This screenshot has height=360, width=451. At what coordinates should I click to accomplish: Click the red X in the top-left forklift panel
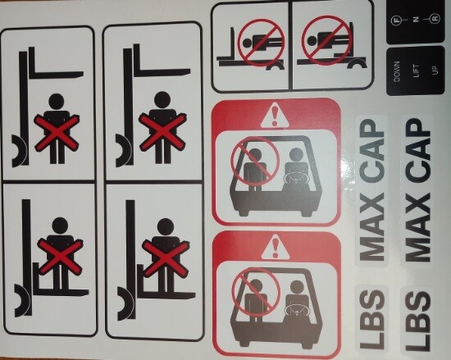(x=57, y=131)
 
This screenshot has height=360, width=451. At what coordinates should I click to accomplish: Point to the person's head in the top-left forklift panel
(x=57, y=103)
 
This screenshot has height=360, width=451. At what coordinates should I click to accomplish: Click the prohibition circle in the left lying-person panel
(x=260, y=38)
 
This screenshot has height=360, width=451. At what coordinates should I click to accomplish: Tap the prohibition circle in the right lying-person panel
(x=325, y=38)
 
